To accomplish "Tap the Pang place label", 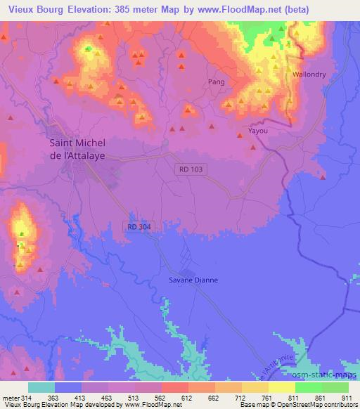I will coord(216,82).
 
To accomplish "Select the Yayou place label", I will coord(259,131).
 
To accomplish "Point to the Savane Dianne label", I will coord(193,280).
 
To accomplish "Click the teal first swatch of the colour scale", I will coord(40,387).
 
